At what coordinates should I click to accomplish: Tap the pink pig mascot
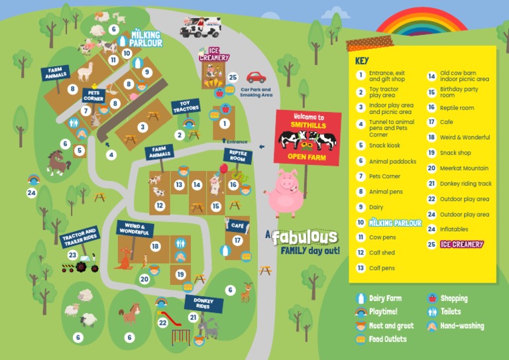pyautogui.click(x=285, y=192)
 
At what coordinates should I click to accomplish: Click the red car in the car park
pyautogui.click(x=256, y=78)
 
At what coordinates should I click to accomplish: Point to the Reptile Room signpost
pyautogui.click(x=237, y=156)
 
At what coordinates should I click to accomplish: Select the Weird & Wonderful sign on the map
pyautogui.click(x=135, y=229)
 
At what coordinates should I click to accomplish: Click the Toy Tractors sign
pyautogui.click(x=185, y=106)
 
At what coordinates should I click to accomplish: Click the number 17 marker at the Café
pyautogui.click(x=237, y=240)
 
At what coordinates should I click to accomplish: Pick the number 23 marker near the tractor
pyautogui.click(x=72, y=255)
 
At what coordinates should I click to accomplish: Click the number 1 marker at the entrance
pyautogui.click(x=225, y=123)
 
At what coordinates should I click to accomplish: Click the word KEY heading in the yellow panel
pyautogui.click(x=362, y=60)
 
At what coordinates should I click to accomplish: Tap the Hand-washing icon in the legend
pyautogui.click(x=431, y=326)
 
